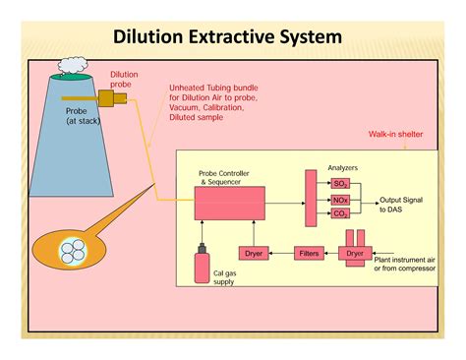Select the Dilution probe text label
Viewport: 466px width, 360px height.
[124, 79]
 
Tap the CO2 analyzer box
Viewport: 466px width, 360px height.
[340, 213]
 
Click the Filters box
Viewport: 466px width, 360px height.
[309, 253]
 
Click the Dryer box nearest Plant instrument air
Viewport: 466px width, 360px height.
[355, 253]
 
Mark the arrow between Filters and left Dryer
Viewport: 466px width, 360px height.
[280, 253]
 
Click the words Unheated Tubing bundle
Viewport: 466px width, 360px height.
[212, 87]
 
